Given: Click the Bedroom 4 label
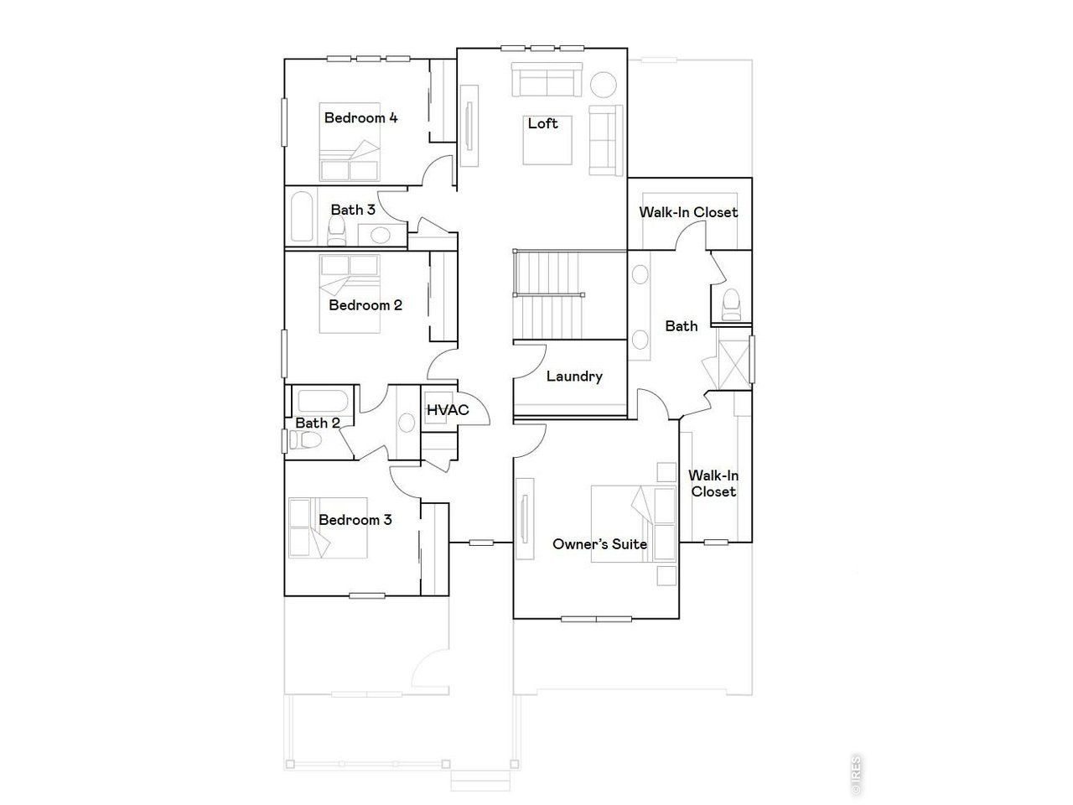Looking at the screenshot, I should click(x=360, y=118).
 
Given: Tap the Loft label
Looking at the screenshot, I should click(x=542, y=124).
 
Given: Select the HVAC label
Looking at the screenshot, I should click(x=447, y=410).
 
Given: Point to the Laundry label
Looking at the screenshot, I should click(x=574, y=377).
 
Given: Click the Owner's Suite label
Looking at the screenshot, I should click(x=599, y=544).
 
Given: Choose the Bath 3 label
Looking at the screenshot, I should click(x=352, y=210).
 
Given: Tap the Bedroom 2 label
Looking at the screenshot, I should click(x=365, y=305).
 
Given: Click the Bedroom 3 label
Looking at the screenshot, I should click(x=355, y=520).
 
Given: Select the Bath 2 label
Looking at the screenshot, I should click(x=317, y=423).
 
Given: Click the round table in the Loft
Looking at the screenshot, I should click(x=604, y=86).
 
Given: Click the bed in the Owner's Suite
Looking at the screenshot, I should click(x=634, y=523).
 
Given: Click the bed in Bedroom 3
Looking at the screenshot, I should click(x=328, y=528).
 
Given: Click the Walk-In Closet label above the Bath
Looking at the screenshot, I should click(x=688, y=212).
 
